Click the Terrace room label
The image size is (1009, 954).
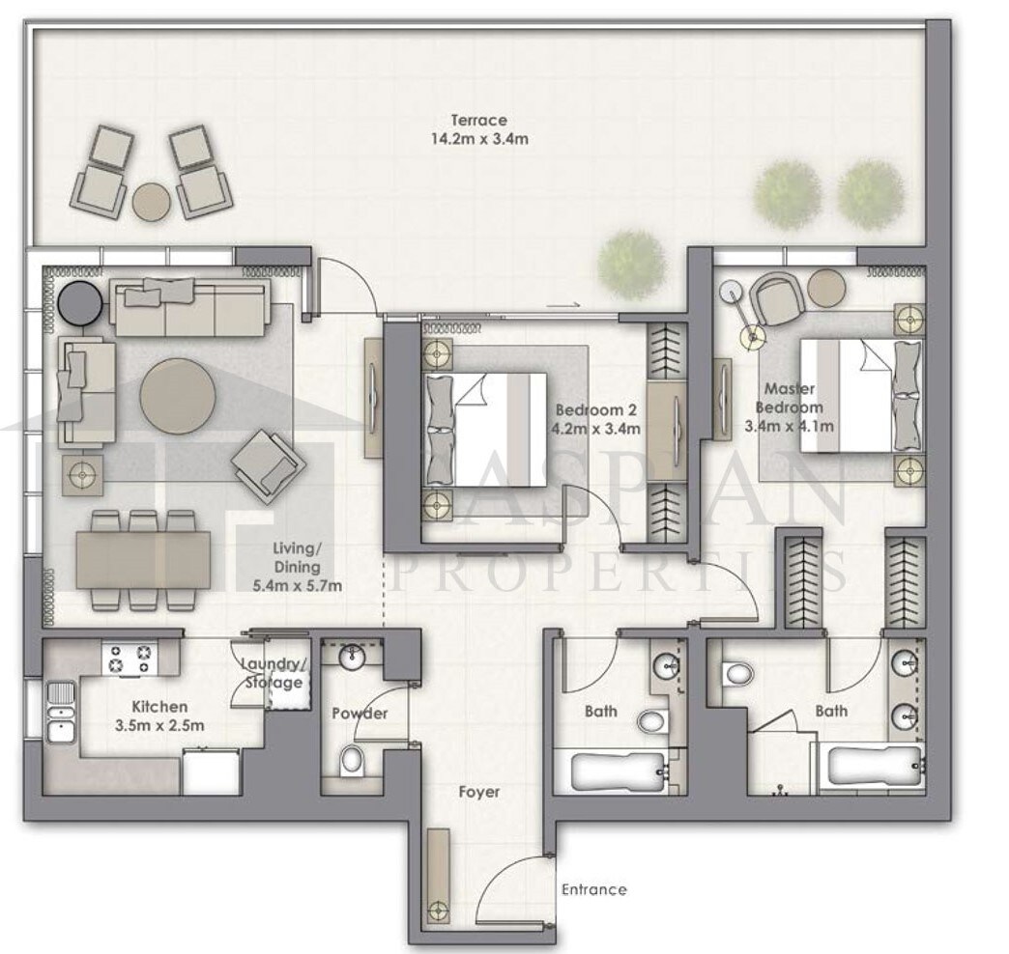click(478, 120)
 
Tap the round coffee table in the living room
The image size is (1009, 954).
click(178, 396)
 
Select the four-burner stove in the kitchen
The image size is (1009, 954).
click(130, 659)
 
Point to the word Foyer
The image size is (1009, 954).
click(478, 792)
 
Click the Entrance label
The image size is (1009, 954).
click(594, 889)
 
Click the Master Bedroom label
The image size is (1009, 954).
click(790, 398)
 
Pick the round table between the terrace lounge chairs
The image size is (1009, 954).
click(153, 202)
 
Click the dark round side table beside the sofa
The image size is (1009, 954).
click(79, 301)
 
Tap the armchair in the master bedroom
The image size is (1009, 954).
click(777, 297)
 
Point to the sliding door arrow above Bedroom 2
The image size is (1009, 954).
click(563, 306)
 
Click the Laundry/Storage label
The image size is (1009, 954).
click(274, 673)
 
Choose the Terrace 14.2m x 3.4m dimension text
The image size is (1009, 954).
click(479, 139)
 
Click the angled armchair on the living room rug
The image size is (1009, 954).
click(268, 464)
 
